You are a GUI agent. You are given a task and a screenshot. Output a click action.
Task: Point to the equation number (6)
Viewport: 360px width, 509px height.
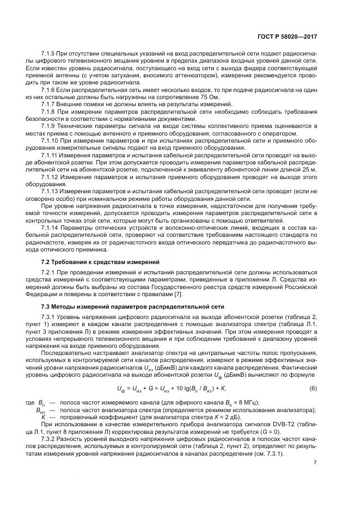pyautogui.click(x=313, y=388)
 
